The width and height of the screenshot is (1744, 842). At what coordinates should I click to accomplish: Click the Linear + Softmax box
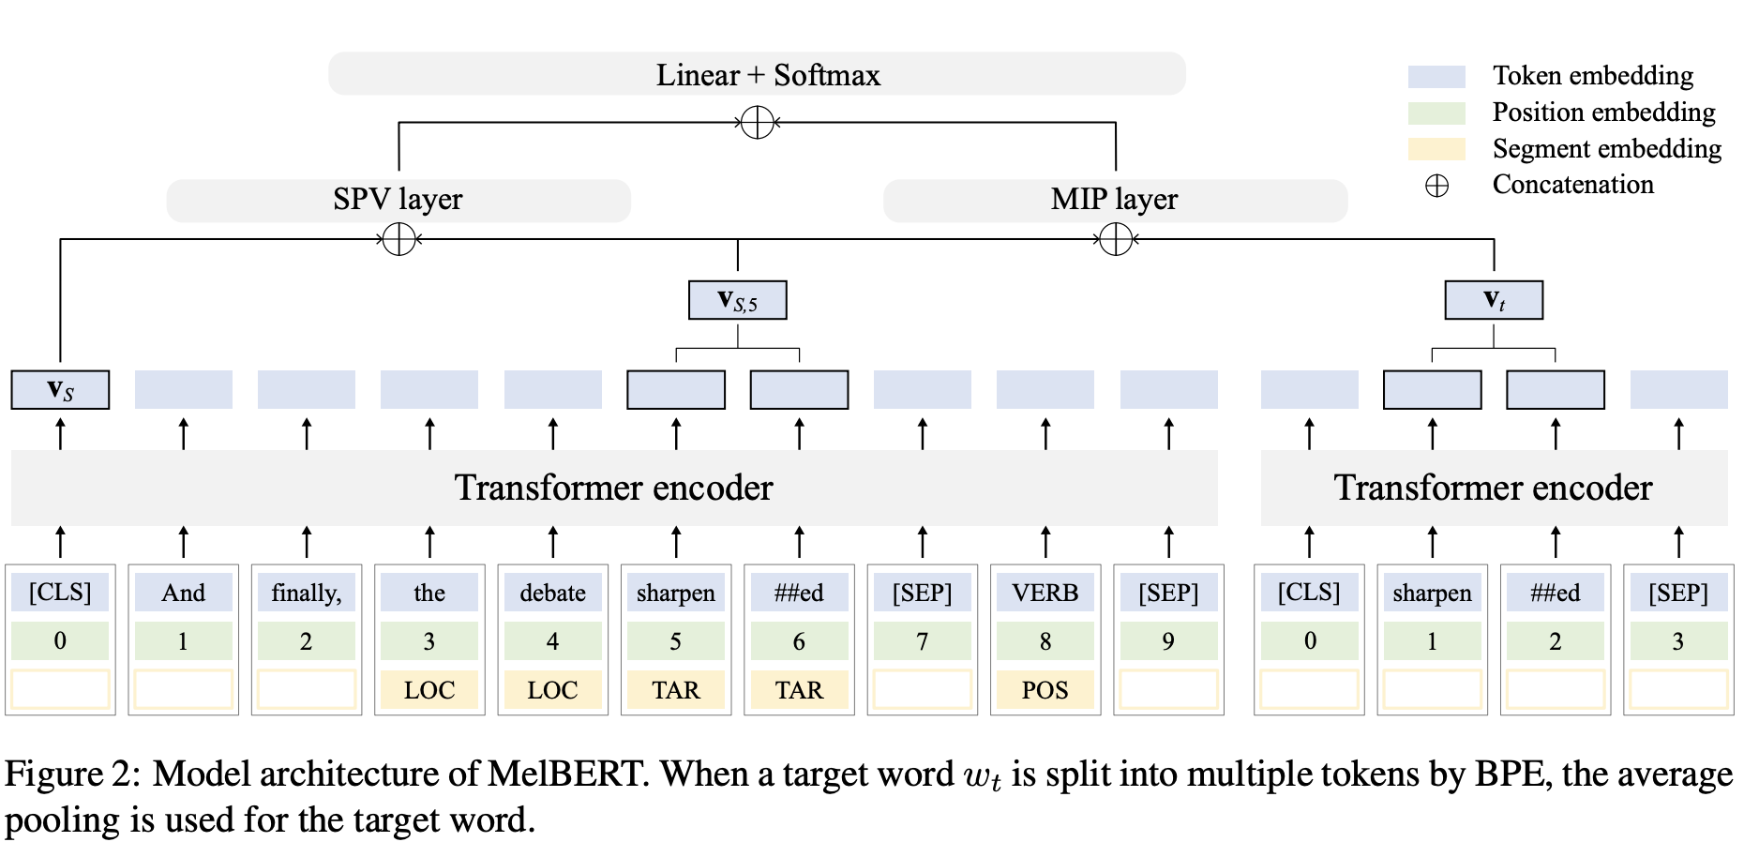pyautogui.click(x=757, y=74)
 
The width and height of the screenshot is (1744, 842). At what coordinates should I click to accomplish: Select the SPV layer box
pyautogui.click(x=398, y=200)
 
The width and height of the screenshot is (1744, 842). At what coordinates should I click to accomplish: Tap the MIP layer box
pyautogui.click(x=1115, y=200)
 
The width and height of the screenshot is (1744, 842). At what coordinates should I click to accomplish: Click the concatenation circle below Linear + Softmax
pyautogui.click(x=757, y=122)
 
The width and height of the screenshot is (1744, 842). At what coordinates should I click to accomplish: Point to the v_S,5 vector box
pyautogui.click(x=737, y=300)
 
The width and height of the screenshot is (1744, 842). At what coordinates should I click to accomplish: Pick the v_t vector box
pyautogui.click(x=1494, y=300)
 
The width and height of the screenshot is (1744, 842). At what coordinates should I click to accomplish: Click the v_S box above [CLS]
pyautogui.click(x=60, y=390)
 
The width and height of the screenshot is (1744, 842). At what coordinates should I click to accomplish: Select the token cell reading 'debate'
pyautogui.click(x=552, y=593)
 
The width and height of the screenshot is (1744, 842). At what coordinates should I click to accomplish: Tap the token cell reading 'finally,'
pyautogui.click(x=307, y=593)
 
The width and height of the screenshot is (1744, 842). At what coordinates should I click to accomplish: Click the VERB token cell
pyautogui.click(x=1045, y=593)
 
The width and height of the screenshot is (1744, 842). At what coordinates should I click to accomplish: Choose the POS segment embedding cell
pyautogui.click(x=1045, y=690)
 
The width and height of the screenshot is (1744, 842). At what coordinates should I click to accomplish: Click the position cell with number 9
pyautogui.click(x=1168, y=641)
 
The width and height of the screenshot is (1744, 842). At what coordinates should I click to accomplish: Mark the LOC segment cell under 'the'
pyautogui.click(x=429, y=690)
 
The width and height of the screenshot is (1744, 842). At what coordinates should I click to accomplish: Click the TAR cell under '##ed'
pyautogui.click(x=799, y=690)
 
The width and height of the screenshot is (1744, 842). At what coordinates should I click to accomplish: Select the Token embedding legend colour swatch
pyautogui.click(x=1436, y=76)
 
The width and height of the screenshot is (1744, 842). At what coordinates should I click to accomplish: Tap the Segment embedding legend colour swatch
pyautogui.click(x=1436, y=149)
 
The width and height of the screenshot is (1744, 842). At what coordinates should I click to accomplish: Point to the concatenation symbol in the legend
pyautogui.click(x=1436, y=186)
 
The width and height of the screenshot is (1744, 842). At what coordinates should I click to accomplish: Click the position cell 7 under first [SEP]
pyautogui.click(x=922, y=641)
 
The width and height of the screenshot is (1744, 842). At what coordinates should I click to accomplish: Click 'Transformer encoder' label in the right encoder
pyautogui.click(x=1493, y=488)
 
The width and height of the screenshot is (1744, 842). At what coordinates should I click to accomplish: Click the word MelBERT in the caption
pyautogui.click(x=565, y=774)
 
